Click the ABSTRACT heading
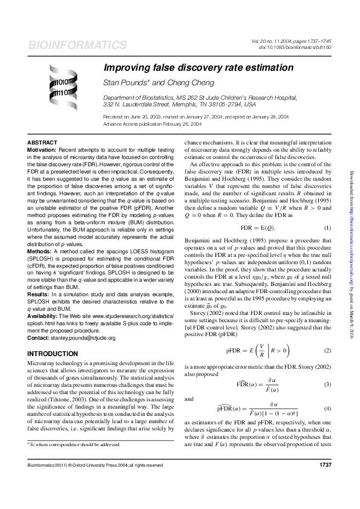(43, 141)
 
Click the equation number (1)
(327, 227)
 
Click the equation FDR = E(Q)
(259, 227)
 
